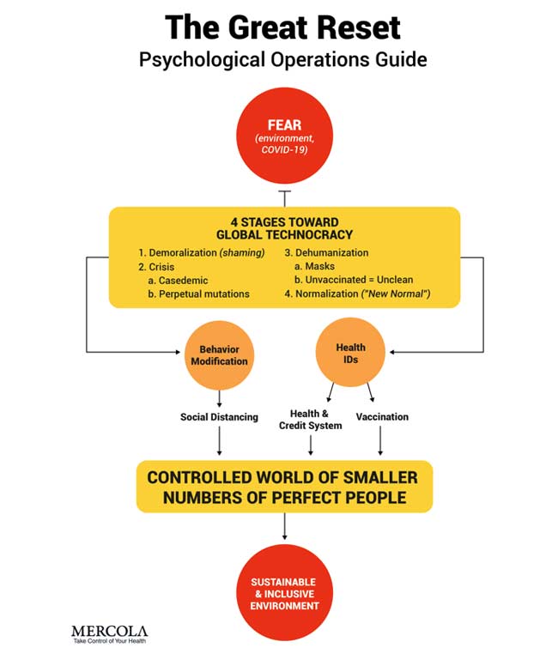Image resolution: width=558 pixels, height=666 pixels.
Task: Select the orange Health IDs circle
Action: point(350,354)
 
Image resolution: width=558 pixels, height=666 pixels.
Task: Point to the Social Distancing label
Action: point(219,417)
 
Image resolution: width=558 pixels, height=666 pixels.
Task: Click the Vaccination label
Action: point(382,417)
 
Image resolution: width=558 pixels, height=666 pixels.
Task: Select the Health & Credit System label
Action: point(310,420)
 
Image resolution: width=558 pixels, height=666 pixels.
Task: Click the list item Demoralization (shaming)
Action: point(203,253)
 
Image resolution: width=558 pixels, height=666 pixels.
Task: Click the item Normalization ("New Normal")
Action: point(359,294)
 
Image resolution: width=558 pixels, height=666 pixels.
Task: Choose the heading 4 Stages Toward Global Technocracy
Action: point(284,228)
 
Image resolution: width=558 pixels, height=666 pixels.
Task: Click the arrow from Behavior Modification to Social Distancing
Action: point(219,398)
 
